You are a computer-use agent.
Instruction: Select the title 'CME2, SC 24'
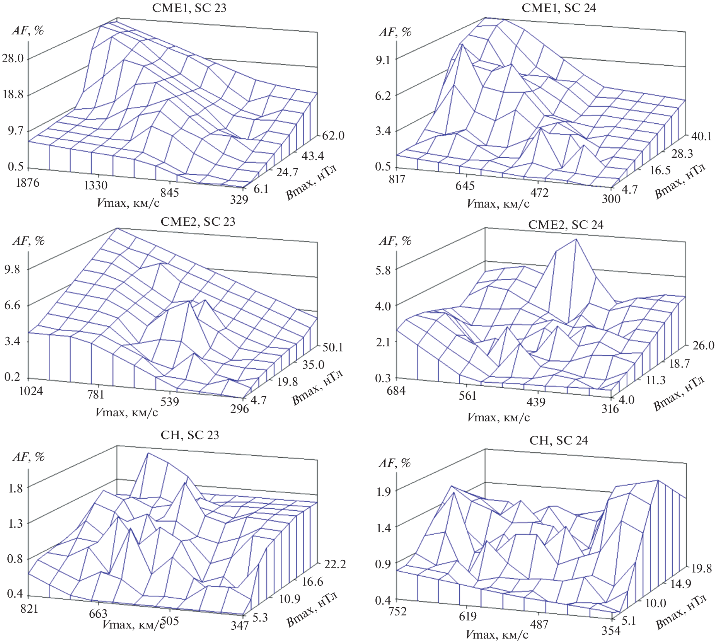(565, 225)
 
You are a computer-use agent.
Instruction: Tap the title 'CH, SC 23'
(189, 435)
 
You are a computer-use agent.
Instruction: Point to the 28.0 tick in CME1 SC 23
(13, 58)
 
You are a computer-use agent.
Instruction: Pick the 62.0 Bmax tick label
(333, 135)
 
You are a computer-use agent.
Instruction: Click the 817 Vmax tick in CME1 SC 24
(397, 179)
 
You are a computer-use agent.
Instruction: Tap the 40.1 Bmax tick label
(701, 136)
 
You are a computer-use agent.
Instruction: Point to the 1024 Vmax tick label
(31, 391)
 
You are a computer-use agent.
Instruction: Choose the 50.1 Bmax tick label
(332, 347)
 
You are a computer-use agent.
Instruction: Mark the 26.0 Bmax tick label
(703, 345)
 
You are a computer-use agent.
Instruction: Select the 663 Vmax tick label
(98, 613)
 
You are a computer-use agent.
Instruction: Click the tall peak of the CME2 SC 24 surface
(576, 240)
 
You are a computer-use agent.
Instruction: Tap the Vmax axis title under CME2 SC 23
(126, 412)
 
